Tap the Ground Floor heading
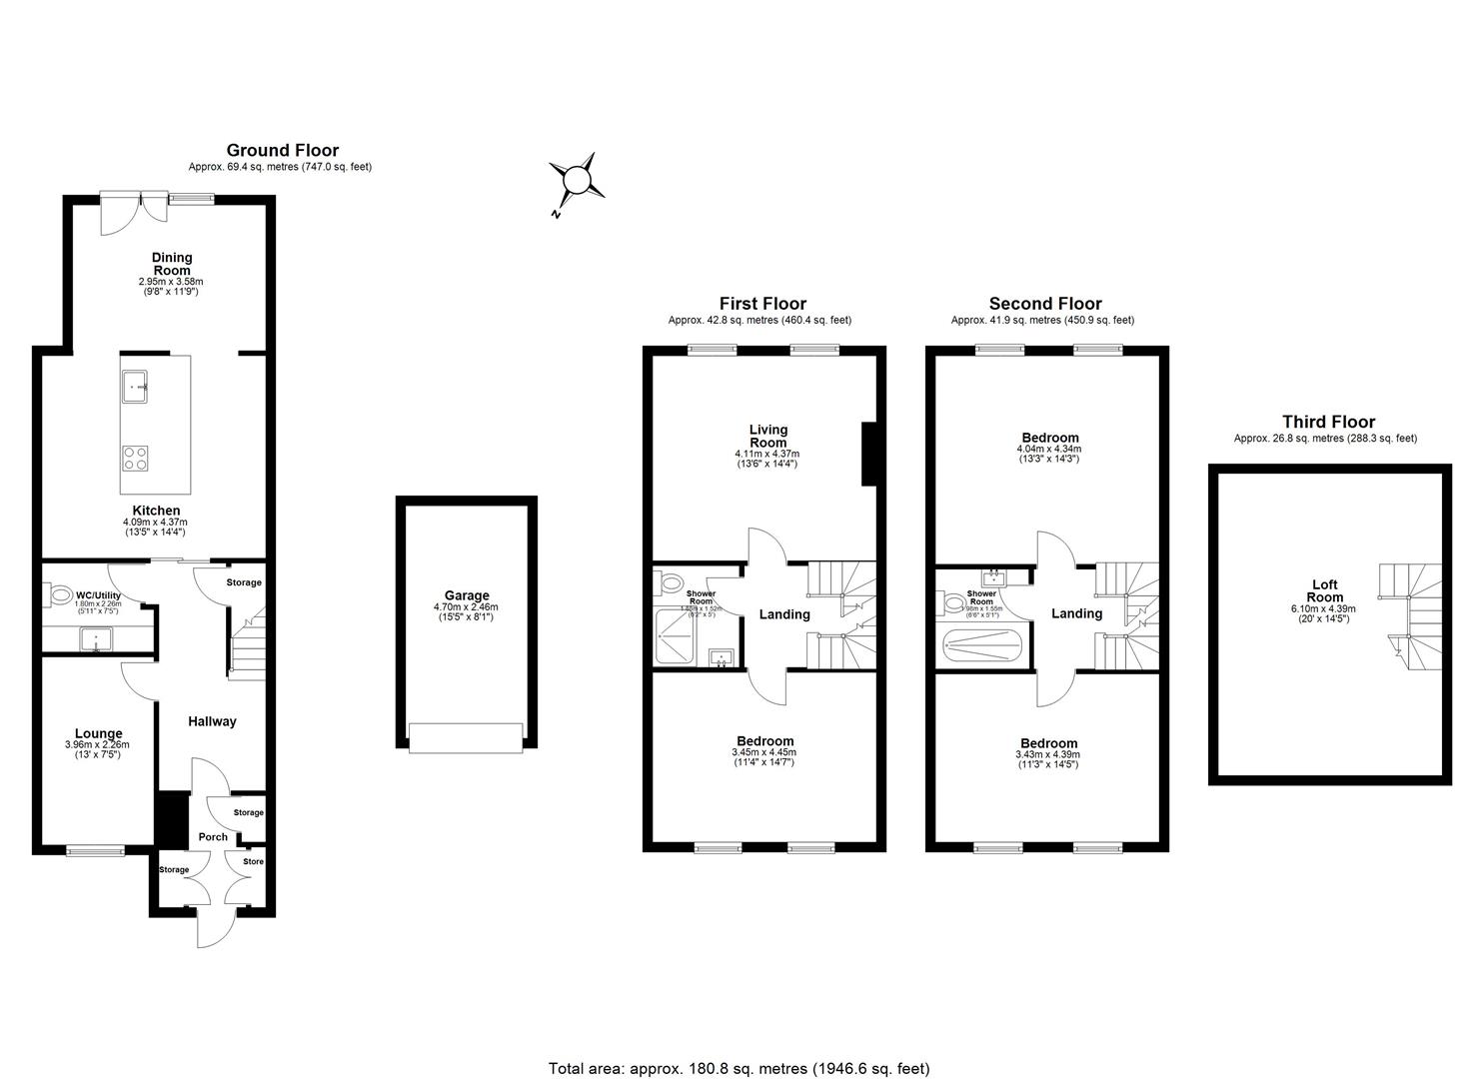(282, 151)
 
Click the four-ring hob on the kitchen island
(135, 458)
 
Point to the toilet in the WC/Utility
(60, 594)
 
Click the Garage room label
(466, 595)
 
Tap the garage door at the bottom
(466, 738)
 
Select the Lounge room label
(98, 733)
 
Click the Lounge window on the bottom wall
(96, 851)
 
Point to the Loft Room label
(1324, 591)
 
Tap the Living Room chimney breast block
(869, 454)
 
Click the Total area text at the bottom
(739, 1068)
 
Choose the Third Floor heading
(1328, 423)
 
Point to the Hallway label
(212, 721)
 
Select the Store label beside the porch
(253, 861)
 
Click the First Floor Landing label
(783, 614)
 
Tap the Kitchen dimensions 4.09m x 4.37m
(155, 522)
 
